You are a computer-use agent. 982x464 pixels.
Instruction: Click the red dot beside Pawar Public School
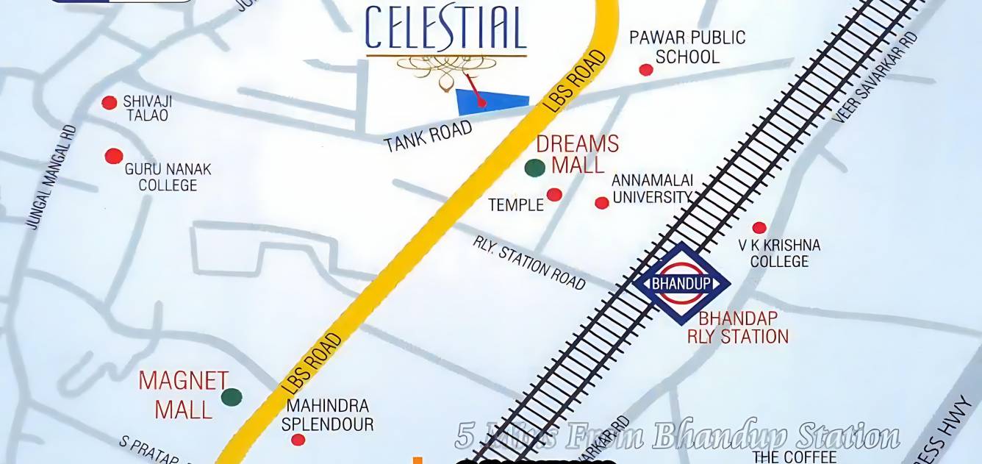point(646,70)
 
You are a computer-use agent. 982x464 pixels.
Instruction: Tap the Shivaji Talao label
point(146,108)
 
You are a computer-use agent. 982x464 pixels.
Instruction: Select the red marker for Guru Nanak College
point(113,156)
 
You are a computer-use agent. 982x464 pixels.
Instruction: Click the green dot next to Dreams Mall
point(535,168)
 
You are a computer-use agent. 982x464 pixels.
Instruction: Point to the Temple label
point(516,204)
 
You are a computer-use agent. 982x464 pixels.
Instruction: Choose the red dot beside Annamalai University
point(602,203)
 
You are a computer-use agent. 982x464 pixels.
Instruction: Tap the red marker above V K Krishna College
point(759,228)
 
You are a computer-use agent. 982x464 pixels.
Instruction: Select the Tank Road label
point(428,137)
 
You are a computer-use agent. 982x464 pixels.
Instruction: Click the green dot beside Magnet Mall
point(232,397)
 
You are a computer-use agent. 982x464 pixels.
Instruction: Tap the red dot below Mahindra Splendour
point(298,440)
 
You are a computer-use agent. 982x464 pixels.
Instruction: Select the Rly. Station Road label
point(529,263)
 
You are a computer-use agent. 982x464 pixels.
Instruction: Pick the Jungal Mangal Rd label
point(51,177)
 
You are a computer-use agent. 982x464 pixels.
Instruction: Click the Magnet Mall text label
point(184,395)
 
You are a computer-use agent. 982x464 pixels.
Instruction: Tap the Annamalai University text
point(653,189)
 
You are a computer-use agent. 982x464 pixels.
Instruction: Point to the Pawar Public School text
point(687,47)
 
